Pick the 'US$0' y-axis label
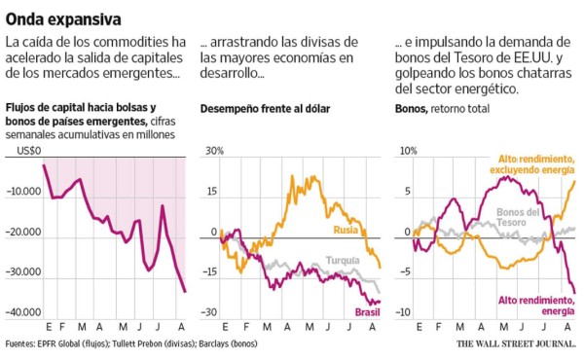[26, 151]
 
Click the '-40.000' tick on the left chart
[19, 312]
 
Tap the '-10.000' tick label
[19, 192]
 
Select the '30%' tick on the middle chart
[213, 151]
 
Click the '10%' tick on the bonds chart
[409, 151]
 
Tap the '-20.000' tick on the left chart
[19, 233]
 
